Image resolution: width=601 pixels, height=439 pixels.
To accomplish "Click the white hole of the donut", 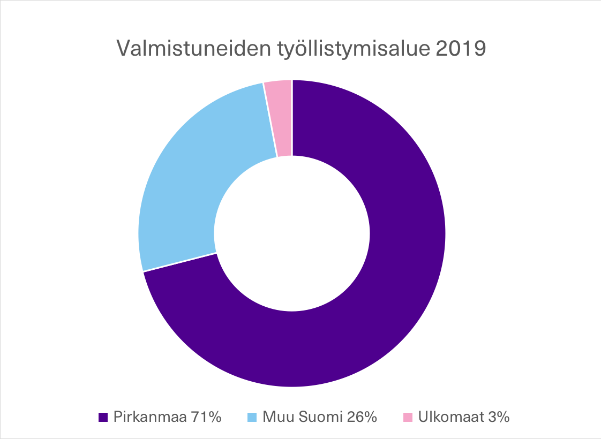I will [x=292, y=233].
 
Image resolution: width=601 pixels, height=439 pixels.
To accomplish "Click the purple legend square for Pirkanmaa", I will [x=103, y=417].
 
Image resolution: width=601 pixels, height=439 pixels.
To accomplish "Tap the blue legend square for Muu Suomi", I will [x=252, y=417].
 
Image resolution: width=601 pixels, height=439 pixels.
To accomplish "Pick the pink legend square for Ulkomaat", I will [x=408, y=417].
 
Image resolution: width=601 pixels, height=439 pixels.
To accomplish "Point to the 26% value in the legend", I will [x=360, y=417].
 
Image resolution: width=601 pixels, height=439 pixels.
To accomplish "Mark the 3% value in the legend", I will [x=498, y=417].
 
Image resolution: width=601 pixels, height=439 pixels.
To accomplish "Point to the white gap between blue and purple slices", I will [x=179, y=262].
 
